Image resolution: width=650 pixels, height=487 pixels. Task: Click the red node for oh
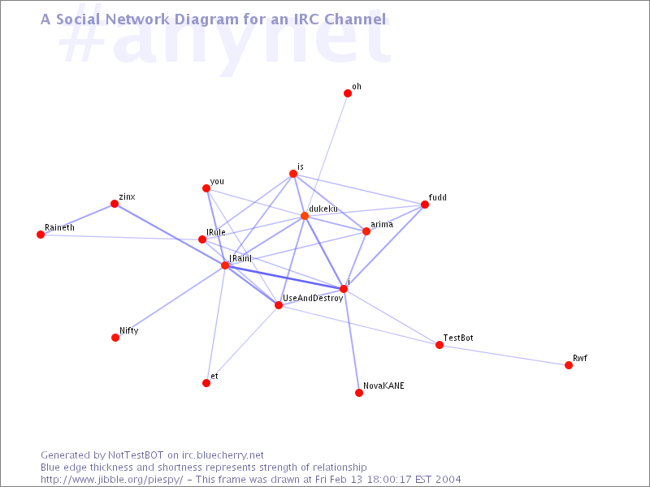[348, 93]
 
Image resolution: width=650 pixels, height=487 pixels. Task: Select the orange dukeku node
[305, 216]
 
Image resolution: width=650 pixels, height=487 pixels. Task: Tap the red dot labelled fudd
[424, 205]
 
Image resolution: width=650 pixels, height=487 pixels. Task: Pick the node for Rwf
[569, 365]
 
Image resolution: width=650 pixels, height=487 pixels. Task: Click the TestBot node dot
[440, 345]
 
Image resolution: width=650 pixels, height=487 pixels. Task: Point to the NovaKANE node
[359, 393]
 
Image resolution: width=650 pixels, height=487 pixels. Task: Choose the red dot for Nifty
[115, 338]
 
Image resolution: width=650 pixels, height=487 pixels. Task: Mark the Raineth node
[41, 235]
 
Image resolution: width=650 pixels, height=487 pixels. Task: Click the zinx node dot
[115, 204]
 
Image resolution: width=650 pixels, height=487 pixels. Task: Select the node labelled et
[206, 383]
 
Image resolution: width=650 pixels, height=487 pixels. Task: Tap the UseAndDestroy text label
[313, 298]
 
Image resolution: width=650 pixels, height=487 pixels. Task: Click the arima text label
[382, 225]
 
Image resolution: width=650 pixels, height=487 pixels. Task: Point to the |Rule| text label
[216, 232]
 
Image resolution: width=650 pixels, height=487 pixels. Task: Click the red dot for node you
[206, 189]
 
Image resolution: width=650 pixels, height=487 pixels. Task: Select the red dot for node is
[293, 174]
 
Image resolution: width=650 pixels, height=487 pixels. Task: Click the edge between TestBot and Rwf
[504, 356]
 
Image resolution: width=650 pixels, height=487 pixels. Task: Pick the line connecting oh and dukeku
[327, 155]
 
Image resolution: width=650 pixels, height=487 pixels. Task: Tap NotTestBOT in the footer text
[136, 455]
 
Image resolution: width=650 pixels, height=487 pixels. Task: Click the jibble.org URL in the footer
[112, 480]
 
